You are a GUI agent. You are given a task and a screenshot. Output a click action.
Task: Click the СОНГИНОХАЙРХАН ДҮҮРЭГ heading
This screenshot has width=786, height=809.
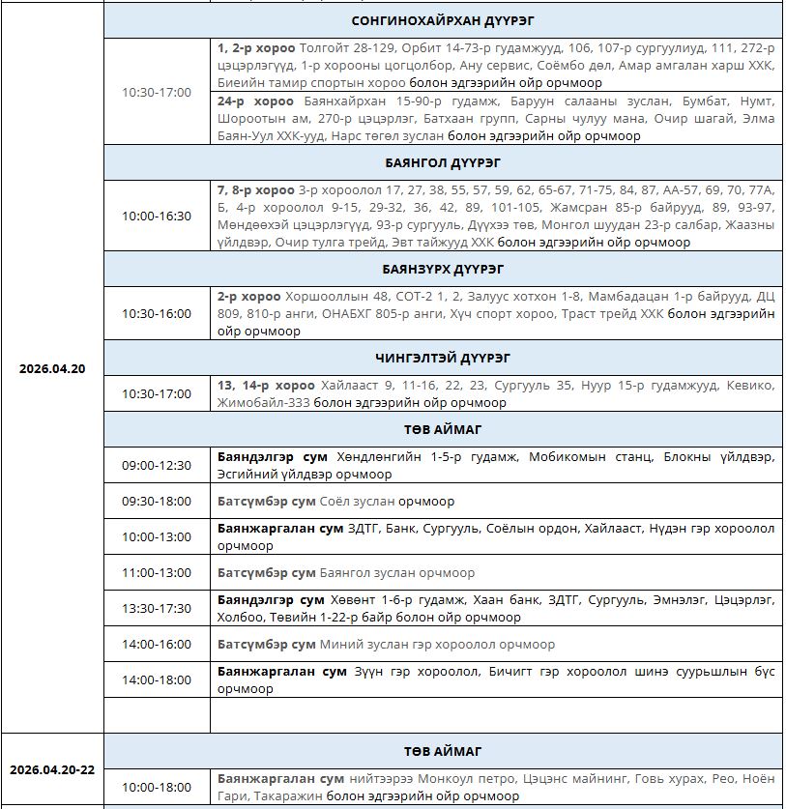click(x=443, y=20)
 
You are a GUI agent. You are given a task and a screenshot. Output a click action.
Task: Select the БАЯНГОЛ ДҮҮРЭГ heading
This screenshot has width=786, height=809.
click(x=443, y=162)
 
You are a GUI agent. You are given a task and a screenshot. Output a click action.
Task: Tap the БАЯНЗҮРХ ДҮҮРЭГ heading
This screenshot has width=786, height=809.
click(x=443, y=269)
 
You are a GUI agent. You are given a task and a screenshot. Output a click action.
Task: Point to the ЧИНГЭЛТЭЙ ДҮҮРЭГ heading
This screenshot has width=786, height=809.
click(x=443, y=358)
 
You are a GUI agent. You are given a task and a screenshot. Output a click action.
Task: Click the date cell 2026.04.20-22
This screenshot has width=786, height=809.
click(x=52, y=769)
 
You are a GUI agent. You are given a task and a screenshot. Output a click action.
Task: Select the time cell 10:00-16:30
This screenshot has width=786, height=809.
click(x=157, y=216)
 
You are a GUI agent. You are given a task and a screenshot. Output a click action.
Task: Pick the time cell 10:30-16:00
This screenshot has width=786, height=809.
click(x=157, y=313)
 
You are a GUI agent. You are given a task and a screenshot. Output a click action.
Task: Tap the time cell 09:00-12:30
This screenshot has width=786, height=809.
click(x=157, y=465)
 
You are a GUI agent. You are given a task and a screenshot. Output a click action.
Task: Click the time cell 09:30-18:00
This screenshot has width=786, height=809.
click(x=157, y=501)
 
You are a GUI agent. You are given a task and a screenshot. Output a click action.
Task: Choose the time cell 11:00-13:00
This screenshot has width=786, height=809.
click(x=157, y=572)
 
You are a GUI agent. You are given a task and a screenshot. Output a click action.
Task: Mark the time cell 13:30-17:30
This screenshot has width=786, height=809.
click(x=157, y=608)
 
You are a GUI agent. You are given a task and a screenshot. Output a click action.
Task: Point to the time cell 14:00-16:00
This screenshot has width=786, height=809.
click(x=157, y=644)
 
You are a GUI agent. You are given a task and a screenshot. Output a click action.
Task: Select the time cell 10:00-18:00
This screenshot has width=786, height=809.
click(x=157, y=787)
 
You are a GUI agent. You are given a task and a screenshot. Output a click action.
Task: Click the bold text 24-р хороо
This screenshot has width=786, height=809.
click(x=255, y=101)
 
